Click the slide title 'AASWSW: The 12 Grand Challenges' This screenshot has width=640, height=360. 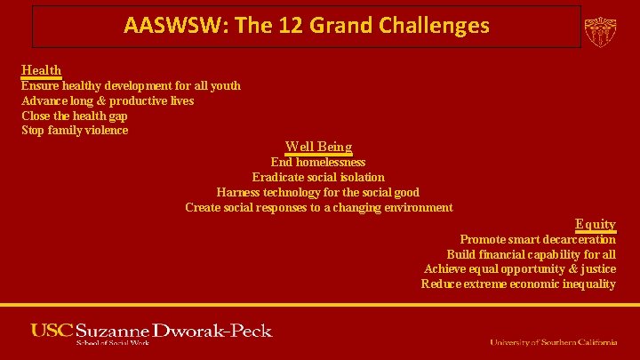[x=307, y=26]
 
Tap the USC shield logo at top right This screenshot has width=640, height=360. [x=600, y=29]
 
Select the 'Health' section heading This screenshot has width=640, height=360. [x=41, y=70]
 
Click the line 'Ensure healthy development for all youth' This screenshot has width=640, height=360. [x=131, y=85]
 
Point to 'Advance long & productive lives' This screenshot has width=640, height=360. [x=108, y=100]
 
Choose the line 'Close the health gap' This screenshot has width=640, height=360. [x=76, y=116]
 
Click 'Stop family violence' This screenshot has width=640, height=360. [x=75, y=131]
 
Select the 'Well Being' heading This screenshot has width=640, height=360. [x=318, y=147]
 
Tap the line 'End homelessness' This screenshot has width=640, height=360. [x=318, y=162]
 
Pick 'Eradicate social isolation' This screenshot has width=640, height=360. [x=318, y=177]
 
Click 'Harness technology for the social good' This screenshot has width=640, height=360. [x=318, y=192]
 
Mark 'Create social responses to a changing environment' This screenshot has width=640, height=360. [x=318, y=207]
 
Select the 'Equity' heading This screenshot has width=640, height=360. [x=595, y=224]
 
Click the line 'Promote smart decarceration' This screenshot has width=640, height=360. [x=537, y=239]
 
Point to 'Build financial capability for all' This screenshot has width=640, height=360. [x=531, y=254]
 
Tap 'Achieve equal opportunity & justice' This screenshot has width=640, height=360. [x=520, y=268]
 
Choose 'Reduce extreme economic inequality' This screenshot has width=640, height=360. [x=518, y=284]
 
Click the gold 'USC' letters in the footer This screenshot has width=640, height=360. [x=52, y=331]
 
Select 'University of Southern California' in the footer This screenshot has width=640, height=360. [x=553, y=342]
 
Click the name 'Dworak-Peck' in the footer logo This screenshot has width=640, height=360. [x=212, y=331]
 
